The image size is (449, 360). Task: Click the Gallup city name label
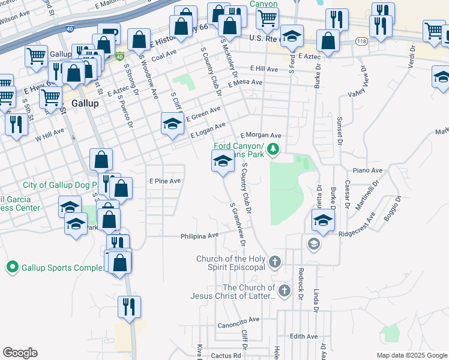84,103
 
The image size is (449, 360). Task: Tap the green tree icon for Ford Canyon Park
274,148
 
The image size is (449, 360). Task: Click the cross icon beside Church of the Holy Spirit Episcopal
275,262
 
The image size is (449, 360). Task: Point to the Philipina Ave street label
200,236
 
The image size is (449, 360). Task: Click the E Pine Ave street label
164,181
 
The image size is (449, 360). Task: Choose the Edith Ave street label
303,337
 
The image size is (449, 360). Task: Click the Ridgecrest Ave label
361,234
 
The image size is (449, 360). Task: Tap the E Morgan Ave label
261,136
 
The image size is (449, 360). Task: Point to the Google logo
20,353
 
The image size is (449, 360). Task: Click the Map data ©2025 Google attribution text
411,355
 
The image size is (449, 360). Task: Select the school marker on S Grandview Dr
223,161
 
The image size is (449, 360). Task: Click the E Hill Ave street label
265,70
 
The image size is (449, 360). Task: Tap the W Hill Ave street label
49,135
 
